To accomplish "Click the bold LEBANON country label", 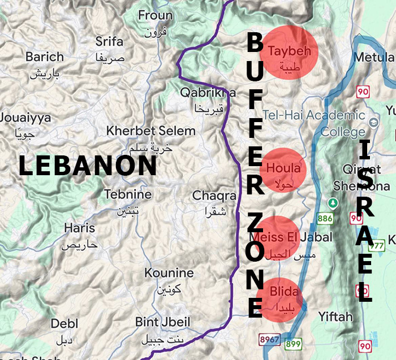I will pos(88,166).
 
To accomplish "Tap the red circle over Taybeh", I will pos(290,52).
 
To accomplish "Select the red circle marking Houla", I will pos(283,169).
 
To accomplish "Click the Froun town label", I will pos(155,15).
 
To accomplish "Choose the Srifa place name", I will pos(109,41).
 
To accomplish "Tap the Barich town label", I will pos(45,57).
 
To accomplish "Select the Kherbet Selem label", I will pos(151,131).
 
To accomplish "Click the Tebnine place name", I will pos(128,194).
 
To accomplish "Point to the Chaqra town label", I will pos(214,196).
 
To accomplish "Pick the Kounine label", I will pos(169,273).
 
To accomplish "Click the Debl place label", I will pos(64,324).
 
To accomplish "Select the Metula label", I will pos(373,58).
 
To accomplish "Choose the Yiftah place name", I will pos(335,316).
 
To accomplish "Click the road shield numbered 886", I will pos(325,218).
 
